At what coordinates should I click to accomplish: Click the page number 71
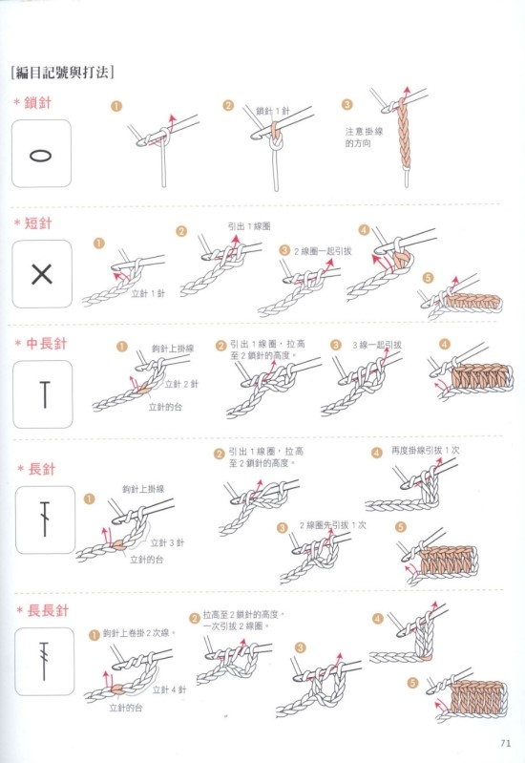[505, 743]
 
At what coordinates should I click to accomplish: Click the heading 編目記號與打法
[62, 73]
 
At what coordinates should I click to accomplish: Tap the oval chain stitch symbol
[41, 156]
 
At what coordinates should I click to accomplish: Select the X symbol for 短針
[42, 274]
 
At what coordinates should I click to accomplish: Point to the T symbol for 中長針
[45, 395]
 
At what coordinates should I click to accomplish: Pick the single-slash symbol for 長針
[45, 519]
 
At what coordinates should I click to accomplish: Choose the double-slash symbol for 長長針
[44, 661]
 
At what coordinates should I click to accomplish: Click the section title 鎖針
[37, 103]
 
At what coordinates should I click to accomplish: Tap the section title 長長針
[48, 610]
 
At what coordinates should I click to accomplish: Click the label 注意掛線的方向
[364, 138]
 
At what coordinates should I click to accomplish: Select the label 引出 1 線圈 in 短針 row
[248, 226]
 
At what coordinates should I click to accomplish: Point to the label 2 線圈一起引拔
[322, 251]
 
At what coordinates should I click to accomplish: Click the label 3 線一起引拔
[377, 345]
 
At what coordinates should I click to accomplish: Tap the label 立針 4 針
[169, 689]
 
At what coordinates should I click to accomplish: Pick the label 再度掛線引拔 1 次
[426, 450]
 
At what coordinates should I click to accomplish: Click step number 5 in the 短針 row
[428, 278]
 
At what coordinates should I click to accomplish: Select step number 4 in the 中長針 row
[444, 345]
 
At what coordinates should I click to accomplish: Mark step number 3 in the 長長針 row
[301, 647]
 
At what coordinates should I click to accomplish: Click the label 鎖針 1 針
[272, 111]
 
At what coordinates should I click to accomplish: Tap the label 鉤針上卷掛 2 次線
[139, 633]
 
